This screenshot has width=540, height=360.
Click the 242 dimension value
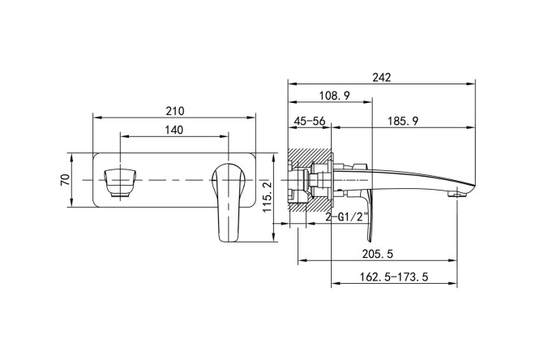382,77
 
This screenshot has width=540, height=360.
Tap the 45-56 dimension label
309,121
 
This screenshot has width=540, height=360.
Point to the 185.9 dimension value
403,121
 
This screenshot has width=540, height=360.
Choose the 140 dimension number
174,130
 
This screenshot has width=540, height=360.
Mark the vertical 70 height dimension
66,179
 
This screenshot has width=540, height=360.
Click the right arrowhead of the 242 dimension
473,84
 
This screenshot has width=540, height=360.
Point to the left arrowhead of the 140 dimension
122,137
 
